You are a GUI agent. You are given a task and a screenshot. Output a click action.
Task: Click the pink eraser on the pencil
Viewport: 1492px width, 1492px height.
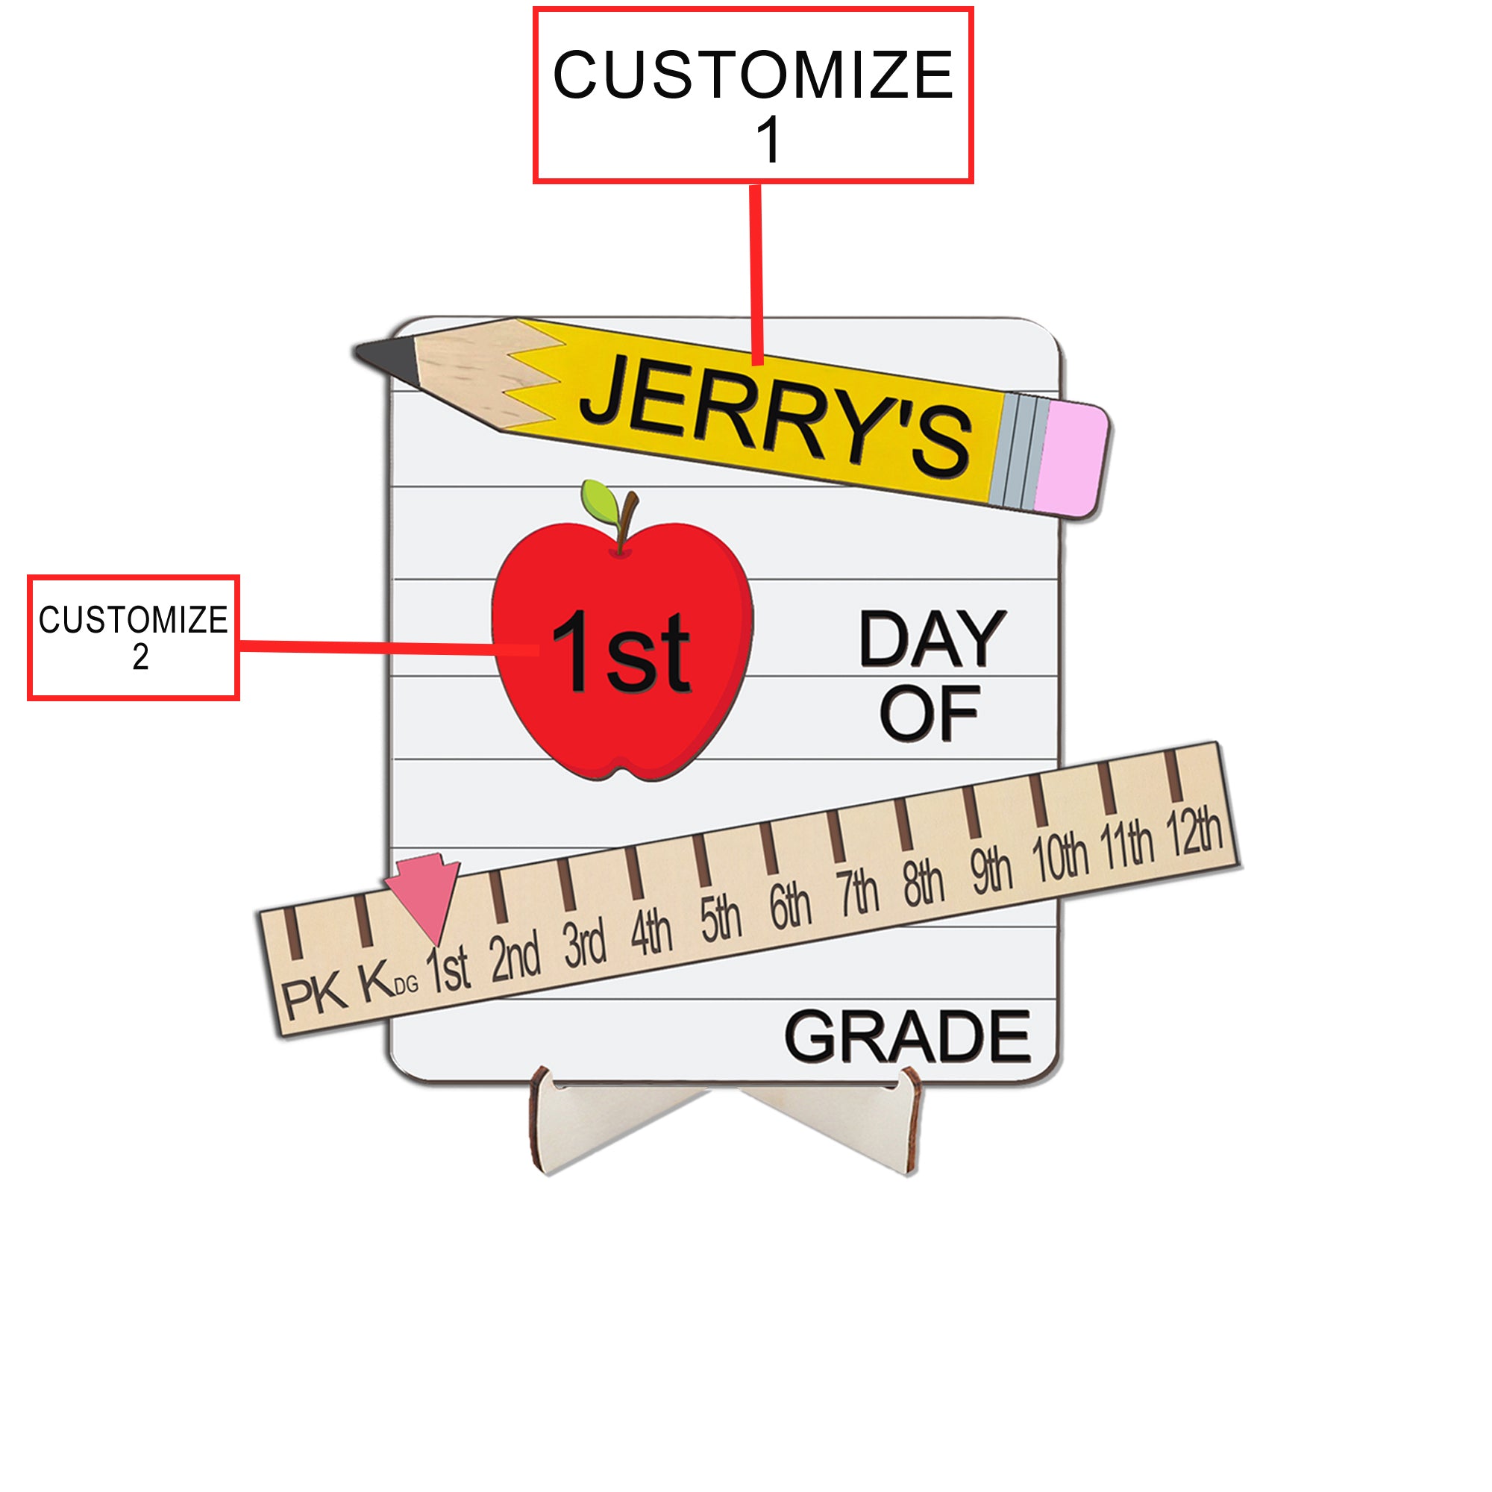(1071, 460)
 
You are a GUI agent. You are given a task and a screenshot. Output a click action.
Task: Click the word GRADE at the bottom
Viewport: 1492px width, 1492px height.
(906, 1036)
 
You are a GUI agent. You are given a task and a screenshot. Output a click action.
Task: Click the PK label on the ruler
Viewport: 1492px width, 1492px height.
(313, 995)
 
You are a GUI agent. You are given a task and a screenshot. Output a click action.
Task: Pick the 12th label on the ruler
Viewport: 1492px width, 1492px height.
(1193, 832)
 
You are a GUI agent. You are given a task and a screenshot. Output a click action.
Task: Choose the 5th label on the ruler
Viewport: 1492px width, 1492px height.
(720, 919)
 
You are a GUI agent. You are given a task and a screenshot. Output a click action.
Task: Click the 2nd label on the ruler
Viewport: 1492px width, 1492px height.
(515, 959)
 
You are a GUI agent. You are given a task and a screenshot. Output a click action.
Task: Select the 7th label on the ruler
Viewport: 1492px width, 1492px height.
(856, 893)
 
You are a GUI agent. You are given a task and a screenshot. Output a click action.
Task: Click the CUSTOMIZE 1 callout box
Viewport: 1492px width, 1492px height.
(753, 95)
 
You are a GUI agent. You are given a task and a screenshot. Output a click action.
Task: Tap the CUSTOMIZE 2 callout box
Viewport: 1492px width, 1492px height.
(133, 637)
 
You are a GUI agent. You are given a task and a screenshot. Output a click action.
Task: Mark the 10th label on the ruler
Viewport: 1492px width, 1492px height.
(1060, 857)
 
